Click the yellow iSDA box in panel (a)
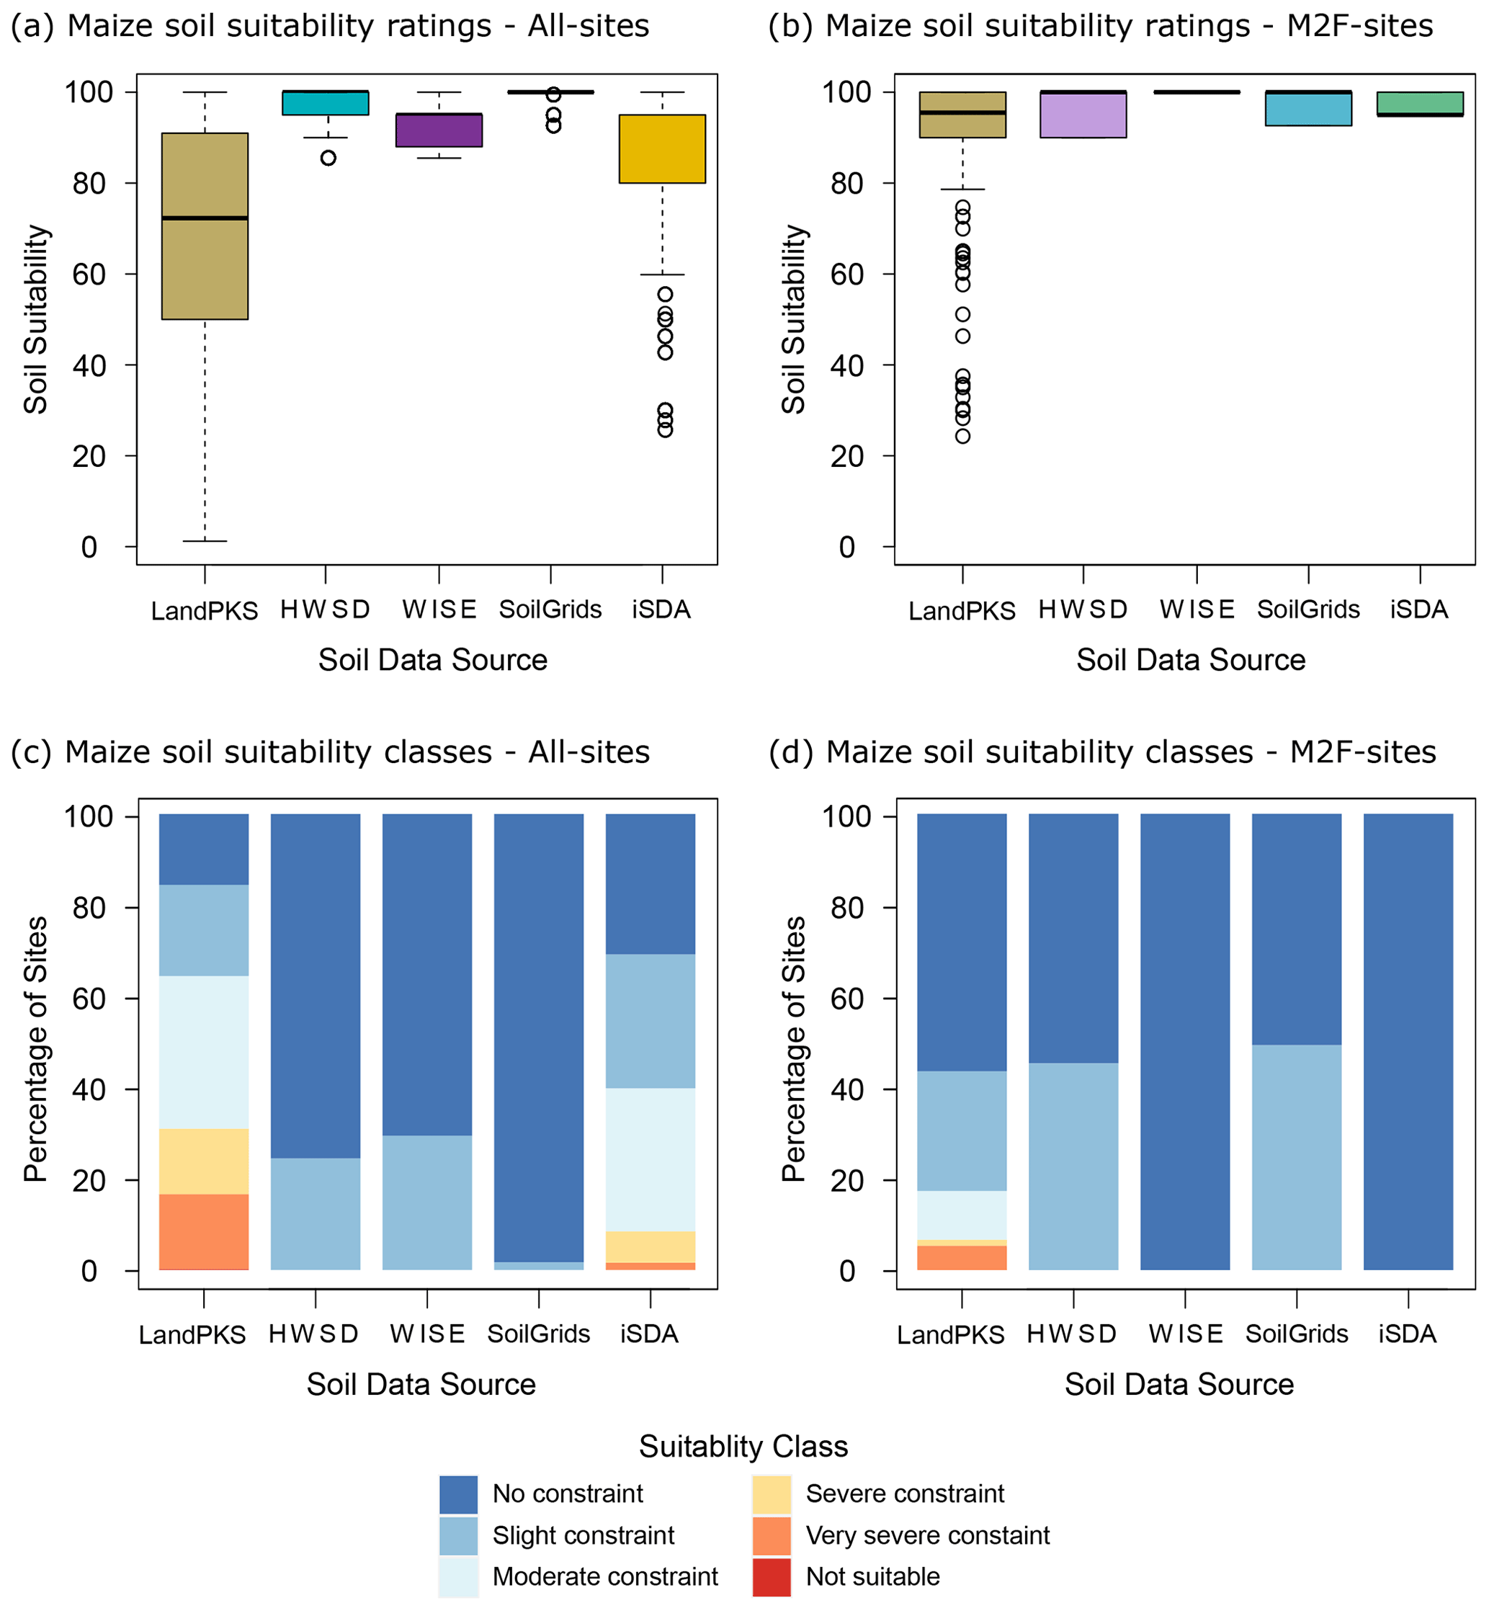pos(661,149)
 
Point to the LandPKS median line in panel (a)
pos(205,218)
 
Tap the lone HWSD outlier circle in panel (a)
pos(328,158)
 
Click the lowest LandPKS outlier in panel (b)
pos(963,436)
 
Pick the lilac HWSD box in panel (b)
pos(1083,115)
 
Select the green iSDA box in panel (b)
pos(1420,103)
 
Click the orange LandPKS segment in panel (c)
pos(204,1231)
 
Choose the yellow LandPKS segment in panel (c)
pos(204,1161)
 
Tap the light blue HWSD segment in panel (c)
pos(315,1214)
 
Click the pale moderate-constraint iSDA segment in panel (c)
pos(650,1160)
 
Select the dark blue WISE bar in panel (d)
pos(1185,1042)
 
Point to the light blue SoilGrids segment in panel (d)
pos(1297,1157)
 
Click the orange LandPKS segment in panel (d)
pos(962,1258)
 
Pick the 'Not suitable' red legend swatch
pos(771,1577)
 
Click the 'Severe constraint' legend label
pos(905,1494)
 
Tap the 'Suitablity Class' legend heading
pos(743,1447)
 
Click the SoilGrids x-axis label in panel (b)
pos(1307,610)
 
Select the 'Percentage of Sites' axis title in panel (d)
pos(794,1048)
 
